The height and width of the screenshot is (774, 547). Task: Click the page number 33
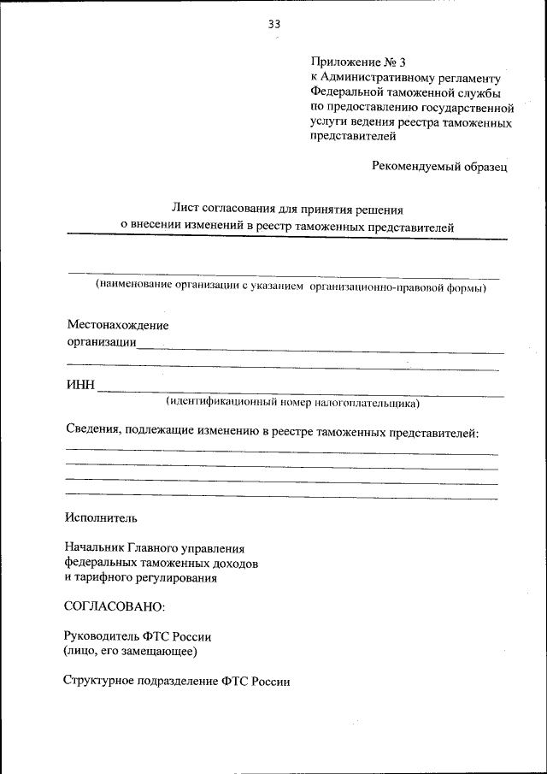273,24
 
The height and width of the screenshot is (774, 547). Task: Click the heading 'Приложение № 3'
352,62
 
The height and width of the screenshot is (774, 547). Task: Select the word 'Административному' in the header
382,78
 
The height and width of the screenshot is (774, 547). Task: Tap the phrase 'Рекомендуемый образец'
439,167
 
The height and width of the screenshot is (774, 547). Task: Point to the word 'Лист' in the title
185,207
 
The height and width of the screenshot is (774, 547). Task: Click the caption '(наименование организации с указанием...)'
291,287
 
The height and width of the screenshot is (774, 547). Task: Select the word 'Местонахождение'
118,325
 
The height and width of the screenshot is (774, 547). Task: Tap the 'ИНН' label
80,386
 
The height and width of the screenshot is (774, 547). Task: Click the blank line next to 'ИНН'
299,393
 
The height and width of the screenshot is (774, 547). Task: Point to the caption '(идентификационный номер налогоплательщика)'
292,401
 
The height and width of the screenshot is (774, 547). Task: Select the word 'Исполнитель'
100,517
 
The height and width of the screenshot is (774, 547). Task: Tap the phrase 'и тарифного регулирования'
140,578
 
